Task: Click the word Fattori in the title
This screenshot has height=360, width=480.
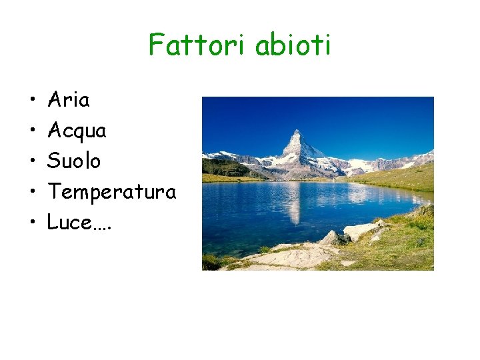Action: (x=195, y=45)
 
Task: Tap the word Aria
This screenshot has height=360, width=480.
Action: (x=68, y=101)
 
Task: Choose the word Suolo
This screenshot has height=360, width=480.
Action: (x=74, y=161)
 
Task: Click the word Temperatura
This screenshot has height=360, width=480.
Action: (x=111, y=193)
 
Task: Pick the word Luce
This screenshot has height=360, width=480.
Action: (x=69, y=223)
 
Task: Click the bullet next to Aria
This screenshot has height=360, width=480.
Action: (x=32, y=101)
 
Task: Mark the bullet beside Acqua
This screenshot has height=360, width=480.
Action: (x=32, y=132)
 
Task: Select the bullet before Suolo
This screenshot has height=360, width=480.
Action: (x=32, y=162)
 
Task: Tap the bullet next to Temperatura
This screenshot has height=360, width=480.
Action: (x=32, y=193)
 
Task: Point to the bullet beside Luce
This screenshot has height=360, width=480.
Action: (x=32, y=223)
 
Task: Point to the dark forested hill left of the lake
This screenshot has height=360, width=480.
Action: (x=223, y=167)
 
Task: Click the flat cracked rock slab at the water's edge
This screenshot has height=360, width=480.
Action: (x=293, y=256)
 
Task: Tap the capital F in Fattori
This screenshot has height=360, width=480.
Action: (x=155, y=45)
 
